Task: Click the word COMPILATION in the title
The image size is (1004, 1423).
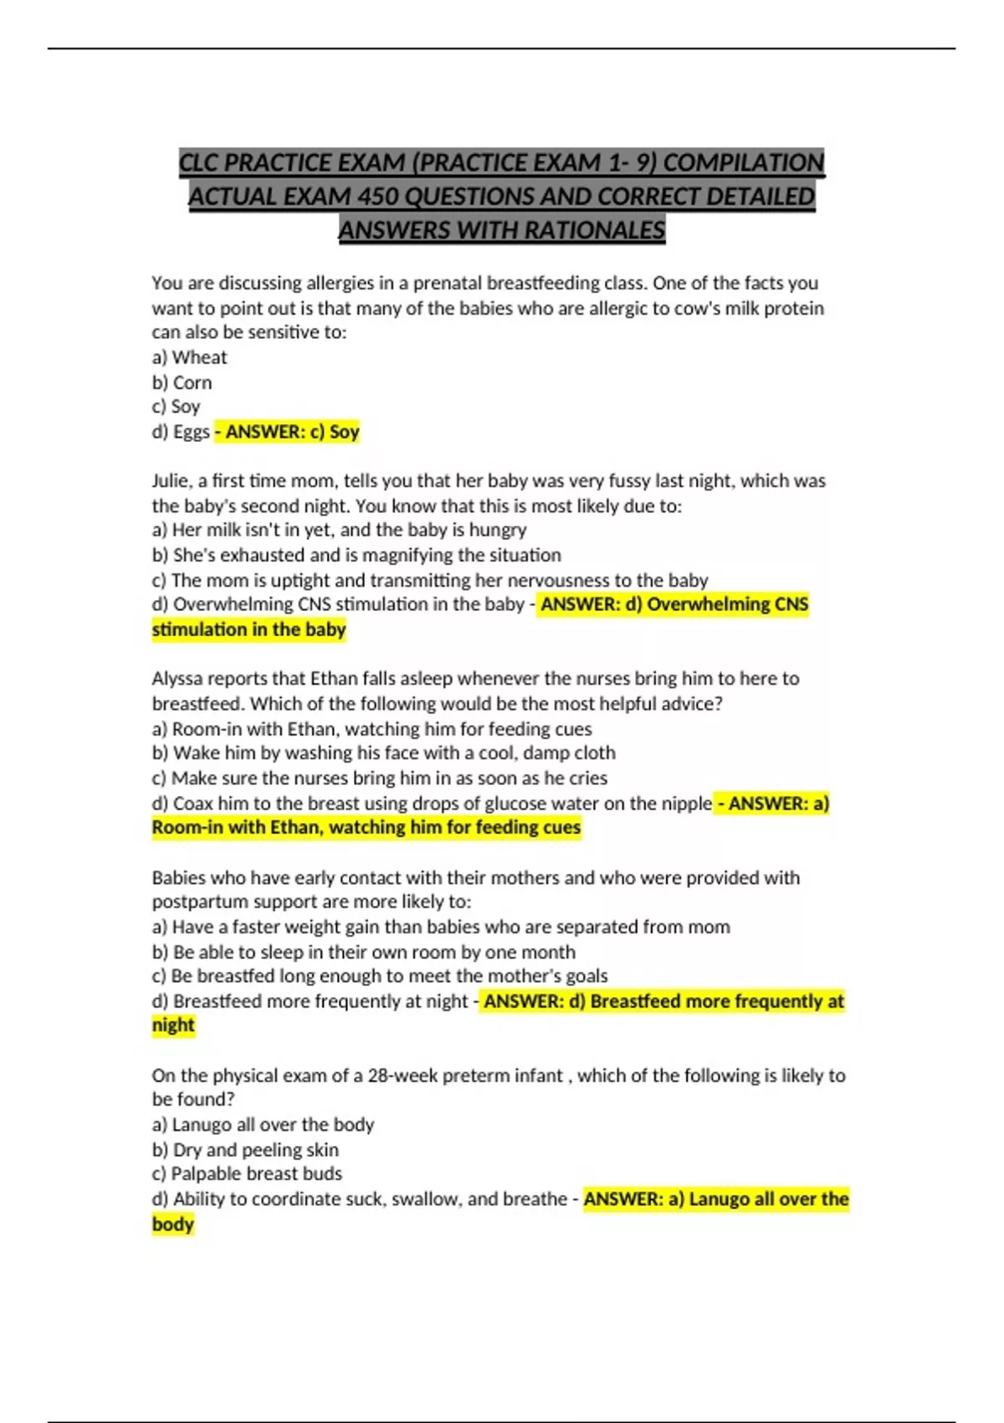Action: tap(744, 162)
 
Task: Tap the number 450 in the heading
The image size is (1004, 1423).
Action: tap(378, 197)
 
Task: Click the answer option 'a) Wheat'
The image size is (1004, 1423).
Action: tap(189, 357)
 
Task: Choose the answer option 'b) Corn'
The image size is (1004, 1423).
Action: tap(182, 383)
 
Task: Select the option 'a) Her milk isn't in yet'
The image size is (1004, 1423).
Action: tap(339, 530)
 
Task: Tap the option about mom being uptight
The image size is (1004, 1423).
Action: tap(429, 580)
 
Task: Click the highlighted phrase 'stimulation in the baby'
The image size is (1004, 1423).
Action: tap(248, 629)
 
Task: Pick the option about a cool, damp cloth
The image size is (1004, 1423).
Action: tap(383, 753)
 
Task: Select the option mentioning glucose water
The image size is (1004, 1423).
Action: tap(432, 804)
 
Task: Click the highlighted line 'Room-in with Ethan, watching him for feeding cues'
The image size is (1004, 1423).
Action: tap(366, 828)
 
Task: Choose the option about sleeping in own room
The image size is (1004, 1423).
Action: tap(363, 952)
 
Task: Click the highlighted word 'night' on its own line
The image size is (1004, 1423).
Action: tap(173, 1025)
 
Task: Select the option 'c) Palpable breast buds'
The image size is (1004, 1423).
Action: tap(247, 1174)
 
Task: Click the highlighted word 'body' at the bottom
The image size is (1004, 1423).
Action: tap(173, 1224)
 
